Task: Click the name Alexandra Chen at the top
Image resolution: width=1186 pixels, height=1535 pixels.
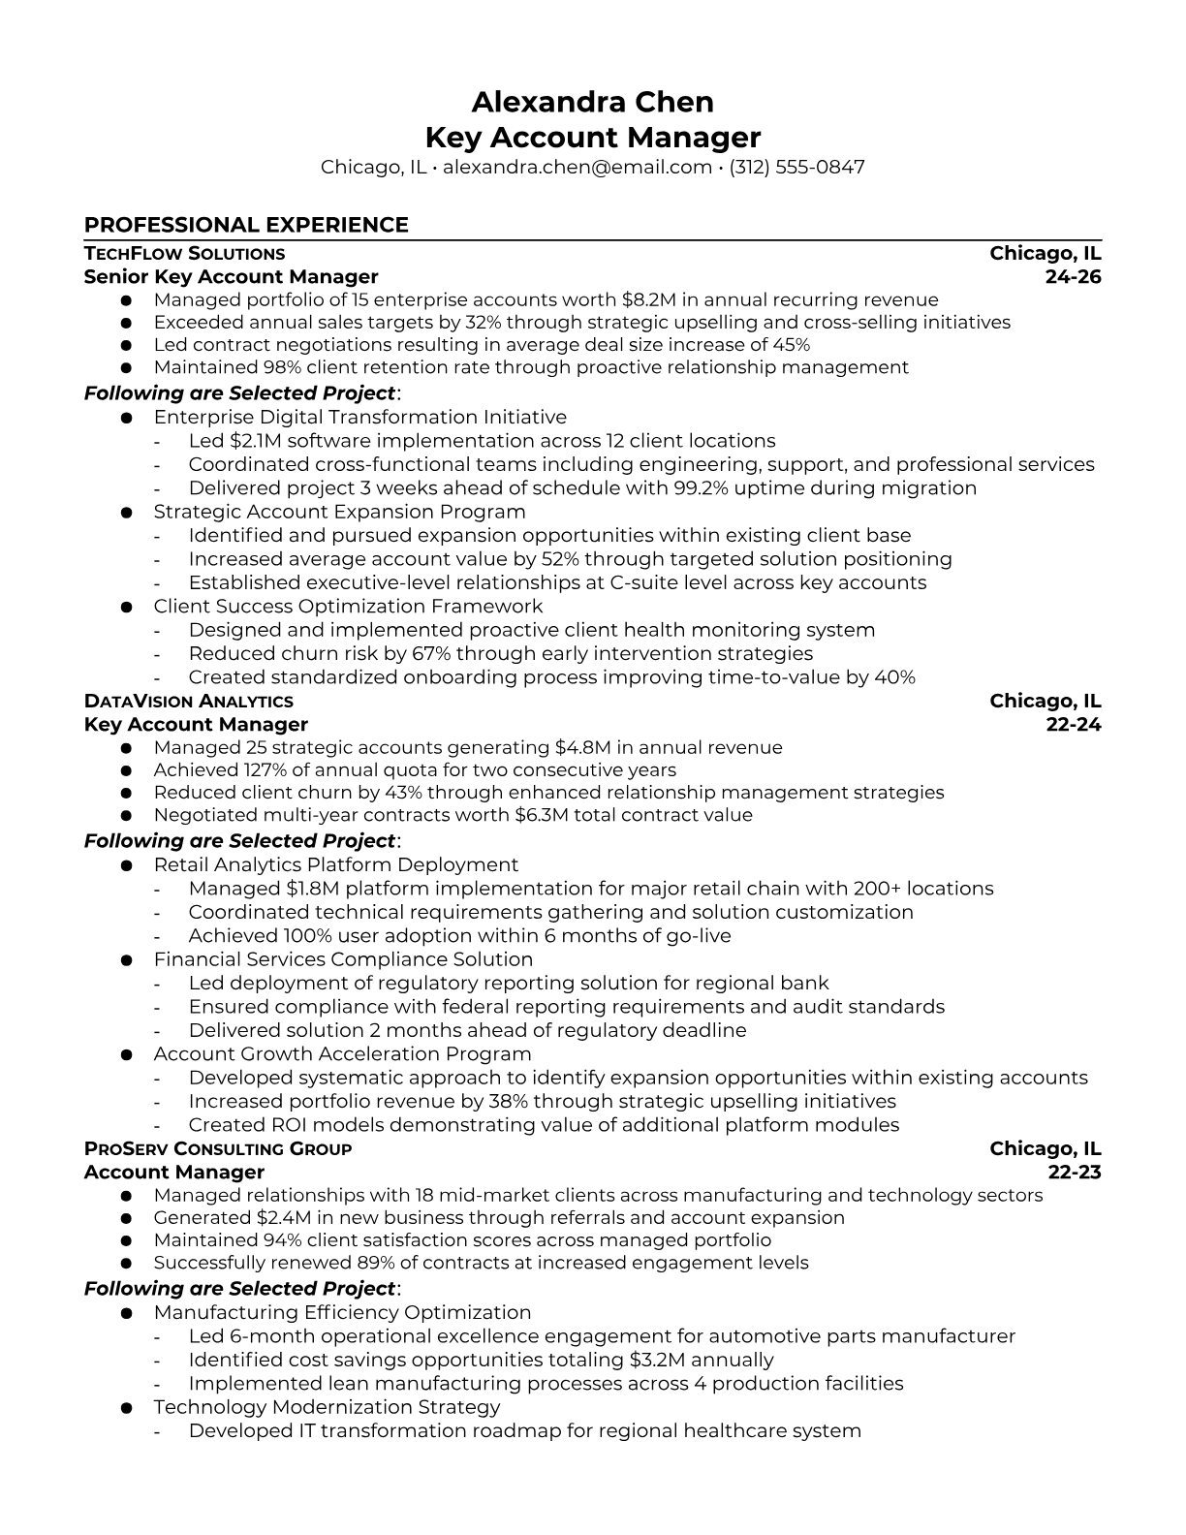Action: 592,102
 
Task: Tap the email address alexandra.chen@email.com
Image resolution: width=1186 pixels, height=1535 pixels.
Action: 577,167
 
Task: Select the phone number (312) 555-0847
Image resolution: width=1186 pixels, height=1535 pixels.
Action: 796,167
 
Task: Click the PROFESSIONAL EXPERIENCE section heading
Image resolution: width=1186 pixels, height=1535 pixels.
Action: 246,225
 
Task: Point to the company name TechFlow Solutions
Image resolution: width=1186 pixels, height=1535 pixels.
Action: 184,254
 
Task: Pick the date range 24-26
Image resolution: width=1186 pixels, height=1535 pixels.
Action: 1073,277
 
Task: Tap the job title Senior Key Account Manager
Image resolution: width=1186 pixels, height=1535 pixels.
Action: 231,277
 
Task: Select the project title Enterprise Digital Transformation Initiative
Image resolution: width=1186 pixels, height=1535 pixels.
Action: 359,418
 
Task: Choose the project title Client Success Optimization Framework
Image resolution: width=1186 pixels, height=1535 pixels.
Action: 348,607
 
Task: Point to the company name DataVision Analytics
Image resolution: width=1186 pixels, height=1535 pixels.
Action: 188,702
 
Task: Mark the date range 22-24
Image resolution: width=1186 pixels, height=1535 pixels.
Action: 1074,725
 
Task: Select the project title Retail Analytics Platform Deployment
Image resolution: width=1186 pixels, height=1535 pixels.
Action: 335,865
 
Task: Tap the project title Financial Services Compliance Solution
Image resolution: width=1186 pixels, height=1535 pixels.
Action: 343,959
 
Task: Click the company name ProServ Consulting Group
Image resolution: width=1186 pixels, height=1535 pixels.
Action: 218,1149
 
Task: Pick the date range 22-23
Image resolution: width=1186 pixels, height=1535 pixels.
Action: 1075,1173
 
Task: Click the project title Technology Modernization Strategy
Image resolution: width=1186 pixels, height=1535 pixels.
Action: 327,1407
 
